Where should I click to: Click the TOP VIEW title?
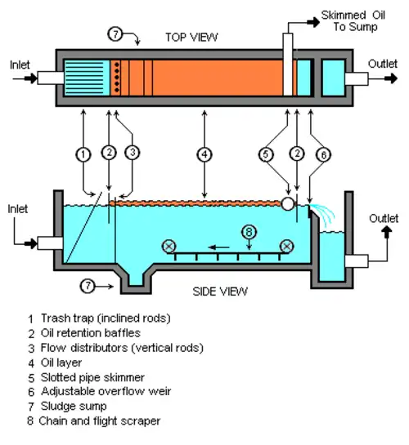point(191,38)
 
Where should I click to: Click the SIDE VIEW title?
point(220,291)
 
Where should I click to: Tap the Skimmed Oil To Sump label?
point(353,20)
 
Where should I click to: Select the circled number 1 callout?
point(83,154)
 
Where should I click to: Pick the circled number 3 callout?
point(133,153)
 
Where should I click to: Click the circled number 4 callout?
point(204,154)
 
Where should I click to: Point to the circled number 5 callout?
point(266,154)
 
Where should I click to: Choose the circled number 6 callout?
point(323,155)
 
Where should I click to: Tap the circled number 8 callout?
point(249,232)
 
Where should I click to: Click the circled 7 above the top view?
point(115,34)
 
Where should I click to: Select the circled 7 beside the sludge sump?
point(88,286)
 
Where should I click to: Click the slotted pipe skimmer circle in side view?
point(288,204)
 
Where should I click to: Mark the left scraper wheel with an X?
point(169,247)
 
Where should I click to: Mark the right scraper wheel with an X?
point(287,247)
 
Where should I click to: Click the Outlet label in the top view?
point(383,64)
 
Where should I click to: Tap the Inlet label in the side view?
point(18,209)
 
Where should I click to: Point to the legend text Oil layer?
point(61,363)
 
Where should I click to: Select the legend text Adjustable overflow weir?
point(106,391)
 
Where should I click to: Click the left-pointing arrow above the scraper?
point(218,247)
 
